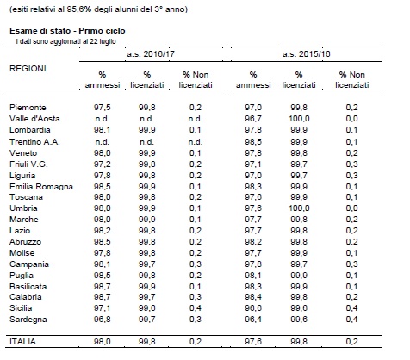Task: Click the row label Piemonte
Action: click(x=28, y=108)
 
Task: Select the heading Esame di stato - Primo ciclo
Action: click(x=67, y=31)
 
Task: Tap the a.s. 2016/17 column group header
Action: click(x=151, y=54)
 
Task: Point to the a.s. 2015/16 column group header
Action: click(x=307, y=54)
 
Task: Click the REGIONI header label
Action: click(x=28, y=69)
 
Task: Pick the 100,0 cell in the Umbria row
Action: click(x=299, y=208)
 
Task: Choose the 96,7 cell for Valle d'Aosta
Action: click(x=253, y=119)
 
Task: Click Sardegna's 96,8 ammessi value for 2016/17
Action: click(x=102, y=320)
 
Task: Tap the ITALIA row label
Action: click(x=22, y=342)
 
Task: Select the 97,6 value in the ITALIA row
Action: click(x=253, y=342)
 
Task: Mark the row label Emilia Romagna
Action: click(x=41, y=187)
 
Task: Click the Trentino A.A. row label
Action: click(x=34, y=142)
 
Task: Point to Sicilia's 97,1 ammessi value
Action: click(x=102, y=308)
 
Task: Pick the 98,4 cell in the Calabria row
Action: click(x=253, y=297)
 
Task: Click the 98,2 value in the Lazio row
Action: click(x=102, y=231)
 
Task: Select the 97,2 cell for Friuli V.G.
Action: click(x=102, y=164)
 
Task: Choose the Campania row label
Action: click(x=29, y=264)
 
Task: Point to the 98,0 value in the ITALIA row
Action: click(x=102, y=342)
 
